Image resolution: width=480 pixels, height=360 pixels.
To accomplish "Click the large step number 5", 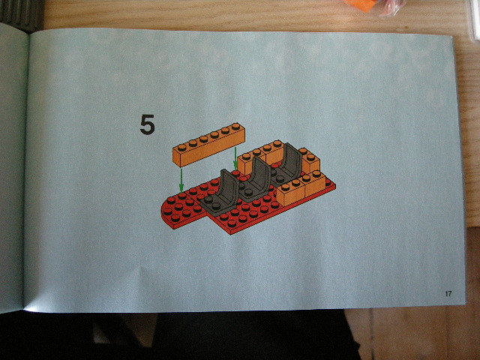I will pyautogui.click(x=147, y=124).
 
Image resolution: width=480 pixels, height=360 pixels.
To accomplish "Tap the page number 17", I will pyautogui.click(x=448, y=293).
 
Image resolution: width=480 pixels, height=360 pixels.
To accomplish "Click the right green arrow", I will pyautogui.click(x=235, y=157).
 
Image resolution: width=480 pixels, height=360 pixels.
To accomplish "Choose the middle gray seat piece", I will pyautogui.click(x=259, y=175).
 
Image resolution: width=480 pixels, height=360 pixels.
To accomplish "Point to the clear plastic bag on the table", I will pyautogui.click(x=391, y=7).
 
